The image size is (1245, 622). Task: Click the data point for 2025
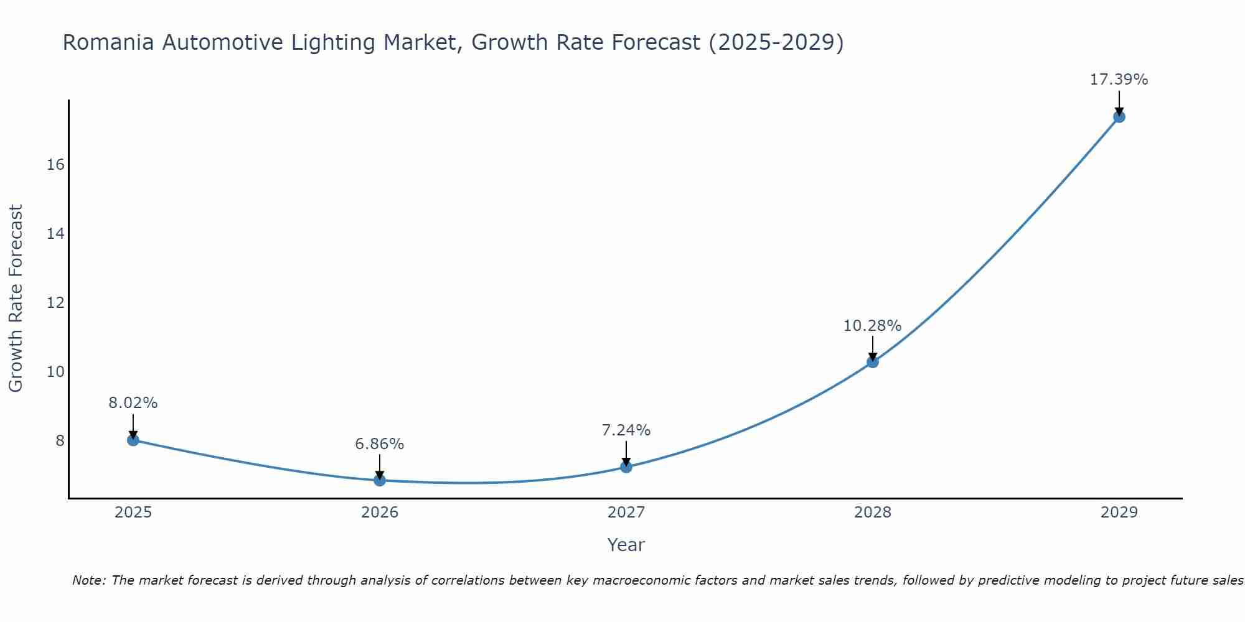pos(133,440)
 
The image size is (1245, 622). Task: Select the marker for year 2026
pos(380,480)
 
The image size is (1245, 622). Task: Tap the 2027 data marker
pos(626,467)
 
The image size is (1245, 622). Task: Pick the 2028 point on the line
pos(873,362)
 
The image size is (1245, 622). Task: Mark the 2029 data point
pos(1119,117)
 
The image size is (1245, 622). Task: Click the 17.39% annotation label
pos(1119,80)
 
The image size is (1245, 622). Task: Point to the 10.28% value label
pos(872,325)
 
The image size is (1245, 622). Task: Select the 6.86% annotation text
pos(379,443)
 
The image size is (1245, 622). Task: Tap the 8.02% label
pos(133,403)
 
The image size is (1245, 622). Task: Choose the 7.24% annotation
pos(626,430)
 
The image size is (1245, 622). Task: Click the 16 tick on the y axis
pos(55,165)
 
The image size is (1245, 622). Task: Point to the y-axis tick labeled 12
pos(55,303)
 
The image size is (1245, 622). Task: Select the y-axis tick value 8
pos(60,441)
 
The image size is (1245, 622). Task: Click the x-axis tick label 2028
pos(873,513)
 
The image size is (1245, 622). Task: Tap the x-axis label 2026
pos(380,513)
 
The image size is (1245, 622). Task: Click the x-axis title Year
pos(626,545)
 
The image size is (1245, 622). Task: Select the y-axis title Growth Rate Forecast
pos(16,299)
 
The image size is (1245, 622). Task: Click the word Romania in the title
pos(108,43)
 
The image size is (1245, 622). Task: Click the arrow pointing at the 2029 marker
pos(1119,103)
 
